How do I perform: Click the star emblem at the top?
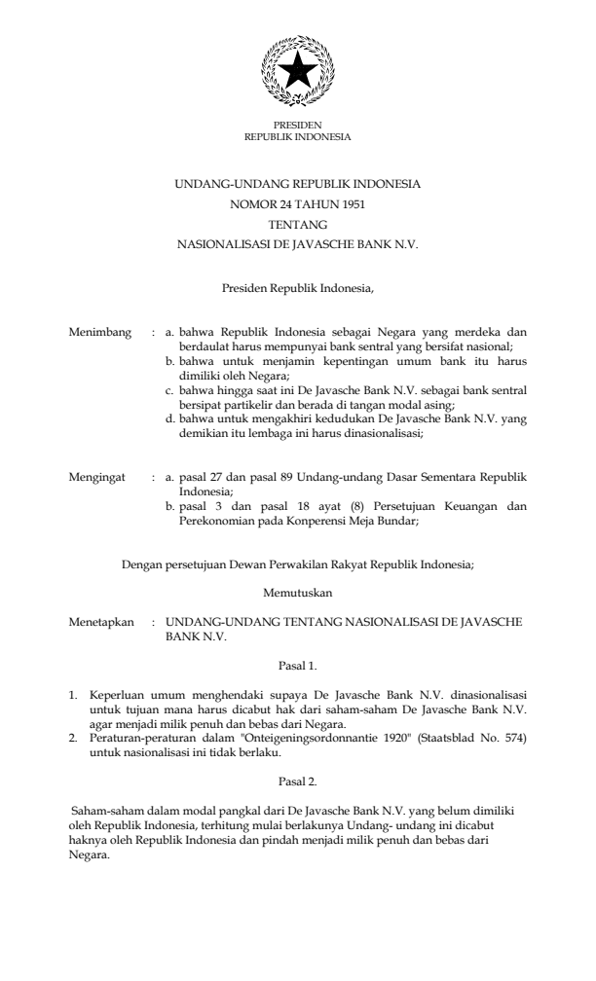pyautogui.click(x=297, y=70)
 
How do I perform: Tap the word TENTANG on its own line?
pyautogui.click(x=297, y=224)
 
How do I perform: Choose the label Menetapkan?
pyautogui.click(x=100, y=620)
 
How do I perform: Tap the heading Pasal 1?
pyautogui.click(x=297, y=667)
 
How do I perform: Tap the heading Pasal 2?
pyautogui.click(x=297, y=781)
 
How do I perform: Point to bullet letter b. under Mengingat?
pyautogui.click(x=171, y=506)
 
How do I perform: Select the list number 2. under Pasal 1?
pyautogui.click(x=72, y=741)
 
